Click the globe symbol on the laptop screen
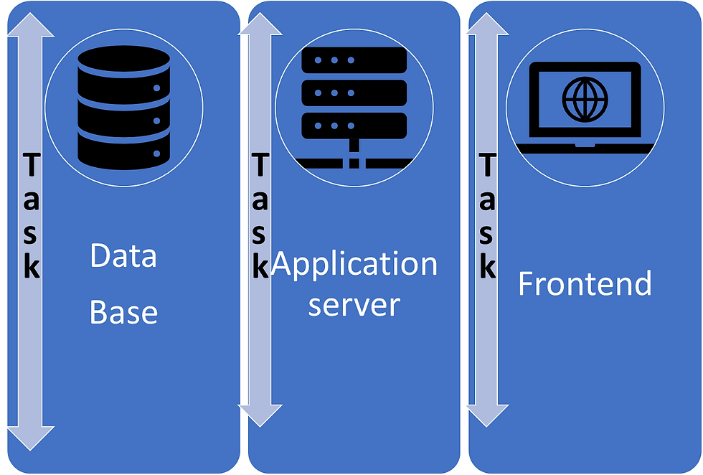(x=585, y=99)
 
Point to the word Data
(x=123, y=256)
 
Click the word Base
(x=123, y=313)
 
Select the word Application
(x=356, y=264)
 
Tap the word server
(x=354, y=305)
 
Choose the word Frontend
(x=585, y=284)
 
